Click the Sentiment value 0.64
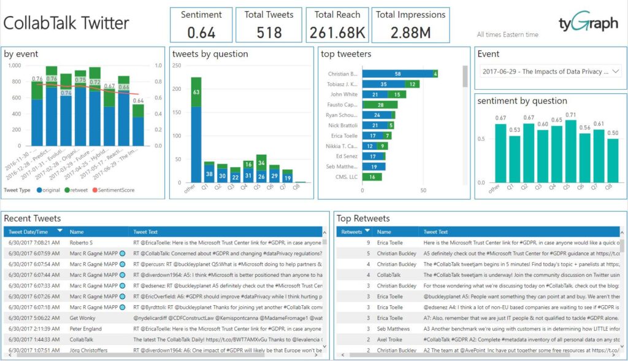(x=201, y=32)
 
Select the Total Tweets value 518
(x=269, y=32)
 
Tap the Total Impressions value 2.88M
(x=410, y=32)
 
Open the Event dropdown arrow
(x=616, y=72)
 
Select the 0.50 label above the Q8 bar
(x=611, y=133)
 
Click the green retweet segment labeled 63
(x=196, y=92)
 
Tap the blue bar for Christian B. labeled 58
(x=397, y=74)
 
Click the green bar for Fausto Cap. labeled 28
(x=372, y=105)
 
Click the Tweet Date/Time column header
(x=28, y=232)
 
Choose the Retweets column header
(x=351, y=232)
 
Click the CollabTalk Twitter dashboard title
(x=66, y=23)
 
